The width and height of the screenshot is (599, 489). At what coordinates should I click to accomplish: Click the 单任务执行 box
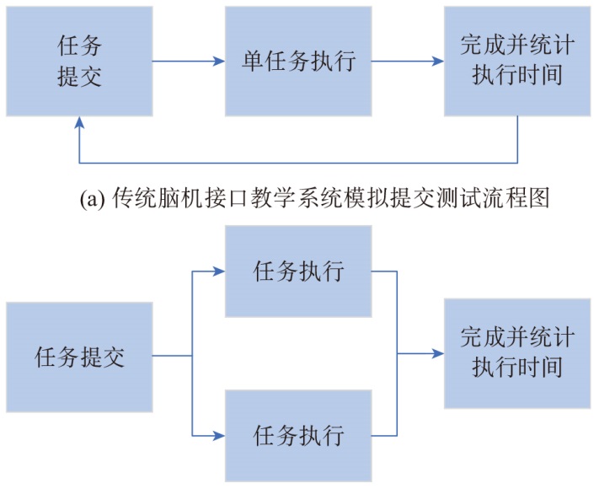click(297, 61)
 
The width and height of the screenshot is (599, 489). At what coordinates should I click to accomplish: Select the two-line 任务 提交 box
click(80, 61)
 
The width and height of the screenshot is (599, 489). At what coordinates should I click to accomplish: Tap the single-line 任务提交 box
click(80, 356)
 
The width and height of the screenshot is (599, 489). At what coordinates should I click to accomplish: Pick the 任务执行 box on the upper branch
click(298, 272)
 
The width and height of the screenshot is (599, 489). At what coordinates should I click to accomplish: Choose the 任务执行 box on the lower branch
click(298, 436)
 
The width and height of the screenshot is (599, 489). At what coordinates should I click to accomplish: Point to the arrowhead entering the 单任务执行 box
click(219, 61)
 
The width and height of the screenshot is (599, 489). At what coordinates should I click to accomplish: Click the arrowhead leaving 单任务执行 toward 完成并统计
click(439, 61)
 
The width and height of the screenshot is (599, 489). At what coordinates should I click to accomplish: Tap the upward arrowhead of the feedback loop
click(80, 122)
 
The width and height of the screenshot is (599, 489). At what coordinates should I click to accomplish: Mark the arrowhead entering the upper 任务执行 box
click(220, 271)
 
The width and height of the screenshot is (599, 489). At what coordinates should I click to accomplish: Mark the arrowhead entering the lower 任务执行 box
click(220, 436)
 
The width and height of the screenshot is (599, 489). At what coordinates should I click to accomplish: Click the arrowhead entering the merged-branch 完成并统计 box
click(439, 354)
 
